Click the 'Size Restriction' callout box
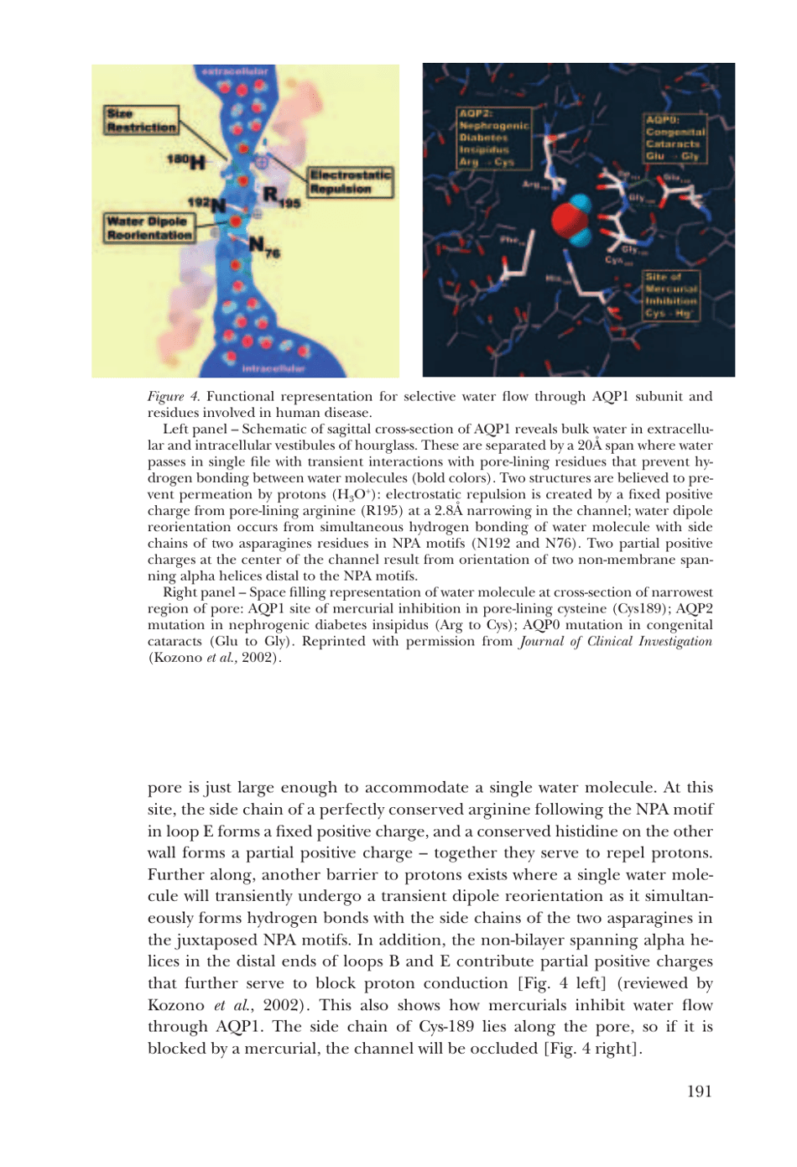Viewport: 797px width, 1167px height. [142, 120]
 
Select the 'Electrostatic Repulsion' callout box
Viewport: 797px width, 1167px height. [351, 182]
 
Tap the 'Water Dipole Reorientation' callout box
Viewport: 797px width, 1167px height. [149, 228]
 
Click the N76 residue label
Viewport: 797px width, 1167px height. [264, 247]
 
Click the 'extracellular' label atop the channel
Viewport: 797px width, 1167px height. [236, 72]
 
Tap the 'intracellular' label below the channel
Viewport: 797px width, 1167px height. [273, 368]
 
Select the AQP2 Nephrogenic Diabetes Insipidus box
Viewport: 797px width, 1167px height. [494, 138]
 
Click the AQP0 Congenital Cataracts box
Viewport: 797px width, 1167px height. [675, 138]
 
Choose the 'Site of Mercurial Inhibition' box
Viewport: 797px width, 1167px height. [671, 294]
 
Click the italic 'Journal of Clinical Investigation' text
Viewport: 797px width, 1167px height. [615, 642]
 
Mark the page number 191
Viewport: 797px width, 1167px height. [699, 1091]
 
